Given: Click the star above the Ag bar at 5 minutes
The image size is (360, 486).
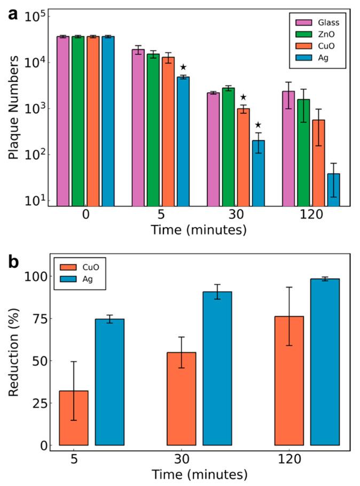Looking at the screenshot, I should coord(183,67).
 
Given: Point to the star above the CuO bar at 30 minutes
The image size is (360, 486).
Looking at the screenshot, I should coord(243,97).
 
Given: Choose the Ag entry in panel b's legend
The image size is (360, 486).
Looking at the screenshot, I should coord(78,280).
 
